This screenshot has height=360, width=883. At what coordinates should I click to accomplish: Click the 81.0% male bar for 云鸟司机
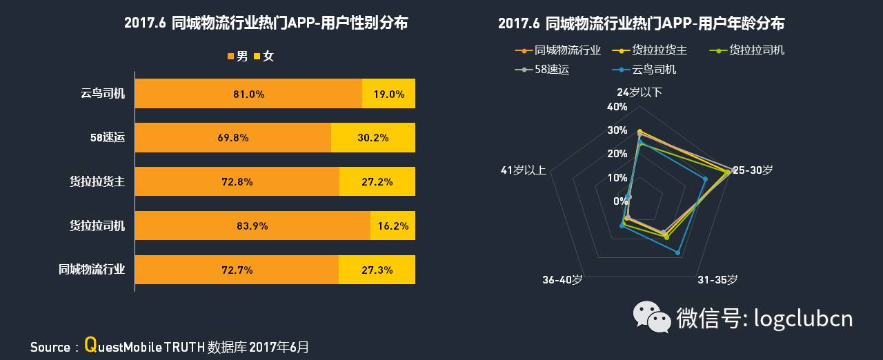[x=248, y=94]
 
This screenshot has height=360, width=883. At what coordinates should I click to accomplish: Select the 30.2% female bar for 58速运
[x=373, y=138]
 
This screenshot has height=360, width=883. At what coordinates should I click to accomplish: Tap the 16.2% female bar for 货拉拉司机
[x=393, y=226]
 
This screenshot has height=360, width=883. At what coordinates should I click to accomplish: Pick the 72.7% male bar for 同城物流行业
[x=237, y=270]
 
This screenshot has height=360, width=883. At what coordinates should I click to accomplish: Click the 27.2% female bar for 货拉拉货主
[x=377, y=182]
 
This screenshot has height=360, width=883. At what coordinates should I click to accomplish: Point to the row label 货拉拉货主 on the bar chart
[x=97, y=182]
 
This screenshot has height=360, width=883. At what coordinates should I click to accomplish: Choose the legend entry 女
[x=264, y=57]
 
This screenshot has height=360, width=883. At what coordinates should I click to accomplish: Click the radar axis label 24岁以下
[x=639, y=92]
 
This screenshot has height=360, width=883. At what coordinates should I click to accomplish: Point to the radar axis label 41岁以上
[x=524, y=170]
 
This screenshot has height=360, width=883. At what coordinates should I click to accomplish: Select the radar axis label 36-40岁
[x=562, y=279]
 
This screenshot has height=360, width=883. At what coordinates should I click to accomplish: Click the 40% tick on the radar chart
[x=617, y=107]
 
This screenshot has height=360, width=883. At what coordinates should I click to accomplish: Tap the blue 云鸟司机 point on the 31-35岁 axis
[x=678, y=253]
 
